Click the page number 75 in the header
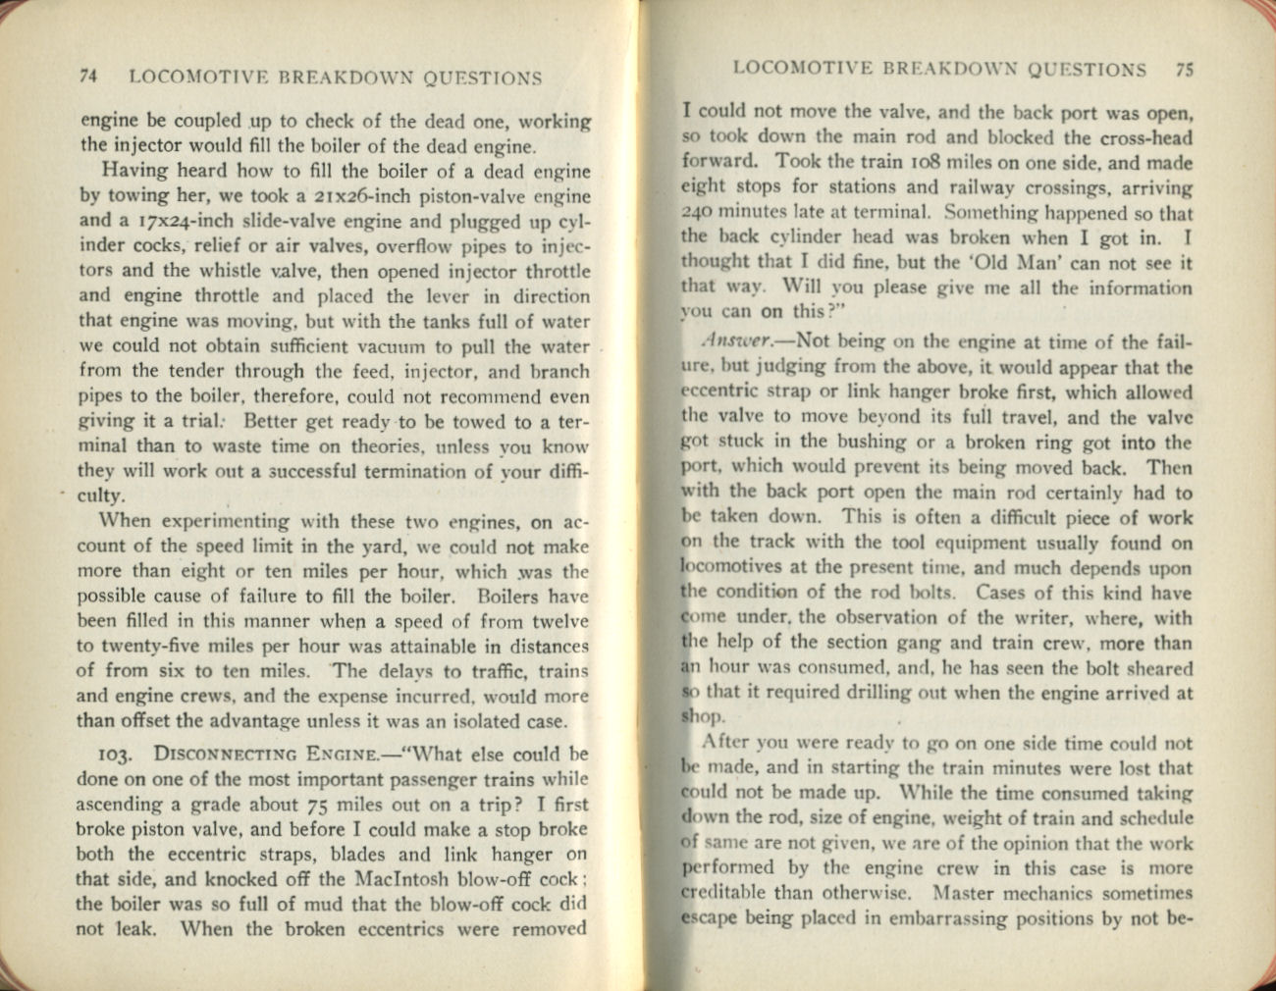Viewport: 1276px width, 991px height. click(x=1183, y=70)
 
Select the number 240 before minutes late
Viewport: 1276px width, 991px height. click(x=698, y=213)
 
